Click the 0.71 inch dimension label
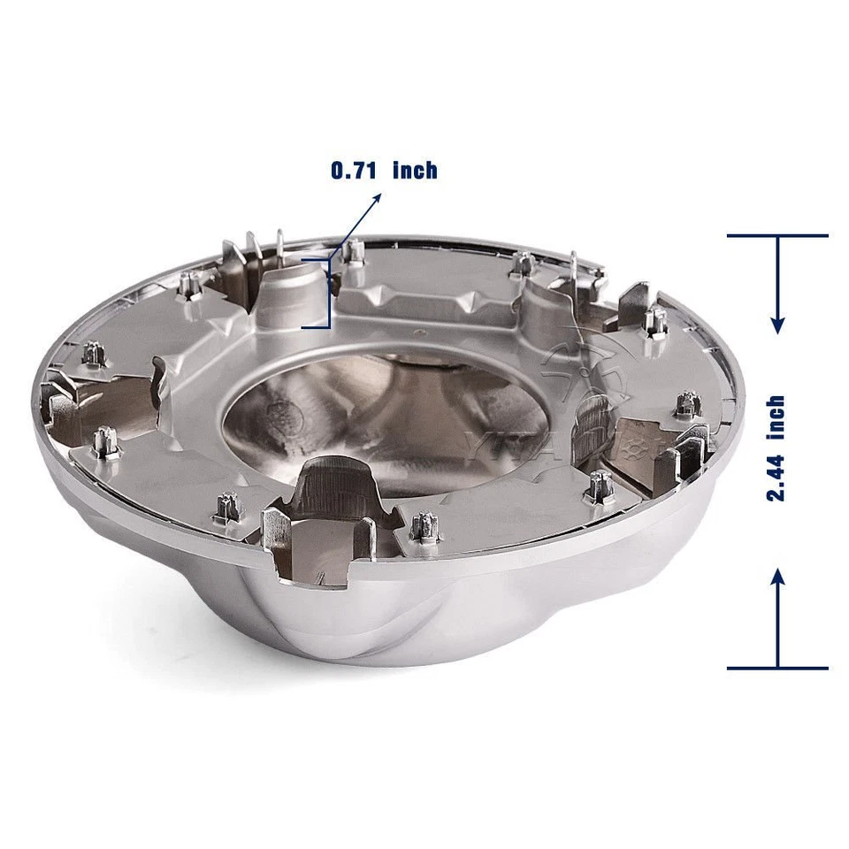point(384,169)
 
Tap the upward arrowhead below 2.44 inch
point(777,577)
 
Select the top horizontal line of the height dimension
point(777,236)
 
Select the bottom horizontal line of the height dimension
point(777,668)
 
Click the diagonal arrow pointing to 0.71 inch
point(358,225)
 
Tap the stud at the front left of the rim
point(224,507)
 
